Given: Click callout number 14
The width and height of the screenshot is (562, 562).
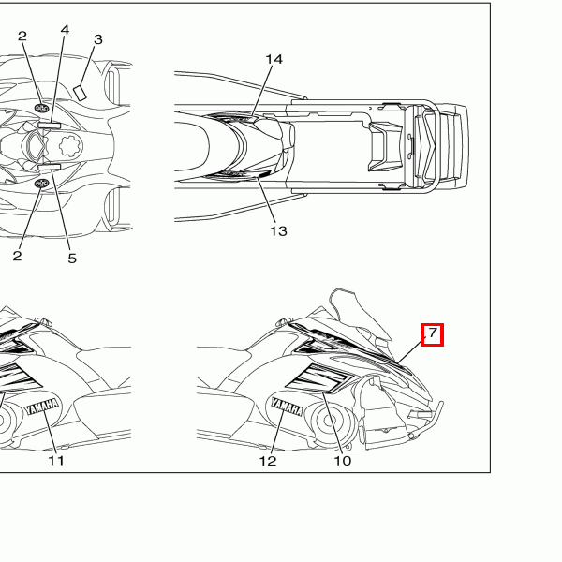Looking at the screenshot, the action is tap(274, 59).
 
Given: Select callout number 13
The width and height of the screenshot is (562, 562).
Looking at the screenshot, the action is tap(278, 231).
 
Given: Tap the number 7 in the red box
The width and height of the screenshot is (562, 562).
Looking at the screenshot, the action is tap(433, 333).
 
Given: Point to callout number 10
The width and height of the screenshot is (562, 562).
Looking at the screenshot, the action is tap(342, 461).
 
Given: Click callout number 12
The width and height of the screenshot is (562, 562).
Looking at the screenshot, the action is tap(268, 461).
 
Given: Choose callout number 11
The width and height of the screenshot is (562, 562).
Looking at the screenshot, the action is tap(56, 461).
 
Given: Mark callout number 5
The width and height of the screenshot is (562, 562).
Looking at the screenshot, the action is tap(72, 259).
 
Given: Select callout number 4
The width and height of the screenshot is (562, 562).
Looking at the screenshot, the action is tap(65, 30).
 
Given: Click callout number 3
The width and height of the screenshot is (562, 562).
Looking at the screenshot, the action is tap(97, 39).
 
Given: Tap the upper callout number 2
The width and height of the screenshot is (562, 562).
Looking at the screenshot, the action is tap(22, 36).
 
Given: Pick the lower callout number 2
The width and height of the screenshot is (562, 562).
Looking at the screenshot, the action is tap(17, 256).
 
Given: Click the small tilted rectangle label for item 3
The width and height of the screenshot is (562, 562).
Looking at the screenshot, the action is tap(80, 93).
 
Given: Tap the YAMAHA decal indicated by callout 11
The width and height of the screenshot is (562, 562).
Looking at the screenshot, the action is tap(42, 407).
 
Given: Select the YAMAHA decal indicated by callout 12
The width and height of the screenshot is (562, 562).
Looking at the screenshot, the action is tap(288, 407).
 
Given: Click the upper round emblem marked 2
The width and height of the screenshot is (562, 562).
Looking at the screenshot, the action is tap(41, 108).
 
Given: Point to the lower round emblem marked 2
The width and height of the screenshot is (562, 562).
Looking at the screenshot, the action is tap(41, 184).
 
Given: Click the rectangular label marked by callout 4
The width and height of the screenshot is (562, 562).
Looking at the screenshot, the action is tap(50, 126).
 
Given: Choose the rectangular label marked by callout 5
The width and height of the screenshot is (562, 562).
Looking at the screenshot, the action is tap(50, 168).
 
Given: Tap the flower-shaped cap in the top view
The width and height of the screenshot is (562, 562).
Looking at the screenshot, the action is tap(70, 146).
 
